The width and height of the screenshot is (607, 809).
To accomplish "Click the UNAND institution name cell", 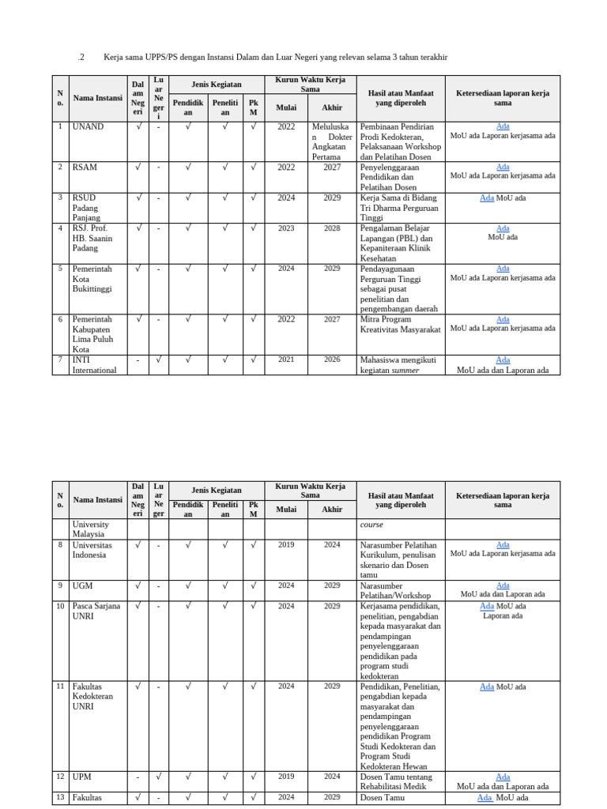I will [x=88, y=126].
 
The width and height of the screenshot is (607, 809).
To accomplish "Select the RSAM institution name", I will [x=85, y=167].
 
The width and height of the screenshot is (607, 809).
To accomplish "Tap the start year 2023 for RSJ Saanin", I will [x=286, y=228].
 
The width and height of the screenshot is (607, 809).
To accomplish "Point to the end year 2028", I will [x=332, y=228].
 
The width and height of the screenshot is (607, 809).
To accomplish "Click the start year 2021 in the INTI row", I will [x=286, y=359].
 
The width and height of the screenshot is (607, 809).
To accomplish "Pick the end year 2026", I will [x=332, y=359].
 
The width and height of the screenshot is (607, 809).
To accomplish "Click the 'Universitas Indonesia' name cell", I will [x=92, y=550].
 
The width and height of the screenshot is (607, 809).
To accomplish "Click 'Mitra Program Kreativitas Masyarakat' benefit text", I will [x=400, y=324].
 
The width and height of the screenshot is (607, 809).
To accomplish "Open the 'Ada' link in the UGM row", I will [x=503, y=585].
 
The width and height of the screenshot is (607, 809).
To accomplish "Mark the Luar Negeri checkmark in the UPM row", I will [x=158, y=777].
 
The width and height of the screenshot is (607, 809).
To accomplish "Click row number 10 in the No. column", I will [x=60, y=606].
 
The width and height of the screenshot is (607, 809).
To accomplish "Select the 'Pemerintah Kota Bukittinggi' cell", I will [x=92, y=279].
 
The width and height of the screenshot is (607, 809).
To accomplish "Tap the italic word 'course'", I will [x=371, y=524].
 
